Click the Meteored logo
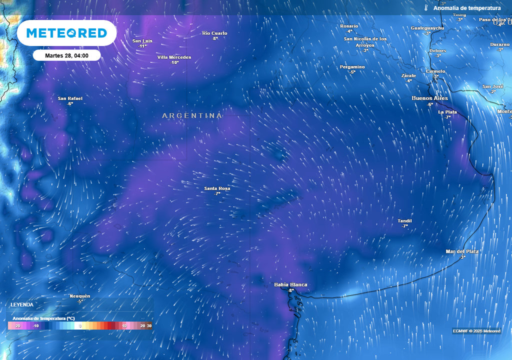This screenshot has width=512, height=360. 66,33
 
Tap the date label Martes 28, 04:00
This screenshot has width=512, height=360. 66,55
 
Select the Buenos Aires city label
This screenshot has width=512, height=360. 429,98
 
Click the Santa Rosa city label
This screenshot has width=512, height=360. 217,188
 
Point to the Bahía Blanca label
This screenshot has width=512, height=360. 290,285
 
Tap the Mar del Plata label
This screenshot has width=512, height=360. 462,251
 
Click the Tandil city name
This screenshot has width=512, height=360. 404,221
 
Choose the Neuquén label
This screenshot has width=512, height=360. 80,296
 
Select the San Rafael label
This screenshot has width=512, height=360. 70,98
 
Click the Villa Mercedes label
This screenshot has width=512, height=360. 174,57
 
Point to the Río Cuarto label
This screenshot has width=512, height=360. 214,33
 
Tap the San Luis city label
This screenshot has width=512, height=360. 143,41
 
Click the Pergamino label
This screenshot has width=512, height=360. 352,67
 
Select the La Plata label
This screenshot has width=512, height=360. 447,112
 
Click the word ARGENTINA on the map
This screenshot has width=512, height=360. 192,115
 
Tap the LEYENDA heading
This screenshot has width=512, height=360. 22,304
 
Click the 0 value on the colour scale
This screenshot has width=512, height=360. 80,326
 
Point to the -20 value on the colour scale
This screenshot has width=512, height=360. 17,326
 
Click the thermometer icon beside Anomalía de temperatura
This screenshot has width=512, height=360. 426,8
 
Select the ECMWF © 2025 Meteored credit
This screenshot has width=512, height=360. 476,331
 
